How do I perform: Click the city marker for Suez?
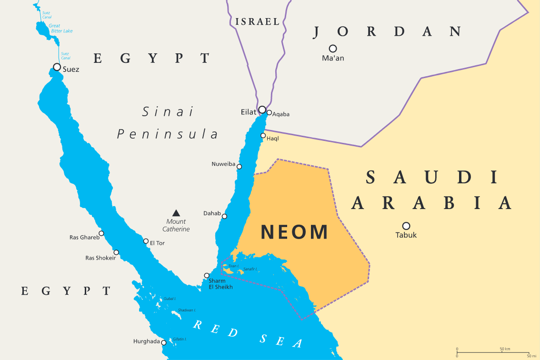57,67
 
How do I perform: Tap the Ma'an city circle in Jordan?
333,49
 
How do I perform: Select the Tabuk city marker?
406,226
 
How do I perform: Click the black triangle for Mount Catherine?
176,213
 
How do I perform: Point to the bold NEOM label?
294,232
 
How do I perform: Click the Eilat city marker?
262,110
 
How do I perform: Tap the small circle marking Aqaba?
269,113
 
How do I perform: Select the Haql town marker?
263,136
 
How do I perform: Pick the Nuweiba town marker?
239,167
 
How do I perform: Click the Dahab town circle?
224,216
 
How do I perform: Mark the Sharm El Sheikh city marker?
207,276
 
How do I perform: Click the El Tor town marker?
146,241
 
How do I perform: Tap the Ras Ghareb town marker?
101,233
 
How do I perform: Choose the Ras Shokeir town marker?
116,252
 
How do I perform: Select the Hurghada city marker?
164,342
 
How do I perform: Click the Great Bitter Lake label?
60,28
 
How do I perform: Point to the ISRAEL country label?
257,21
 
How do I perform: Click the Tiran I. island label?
233,266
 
